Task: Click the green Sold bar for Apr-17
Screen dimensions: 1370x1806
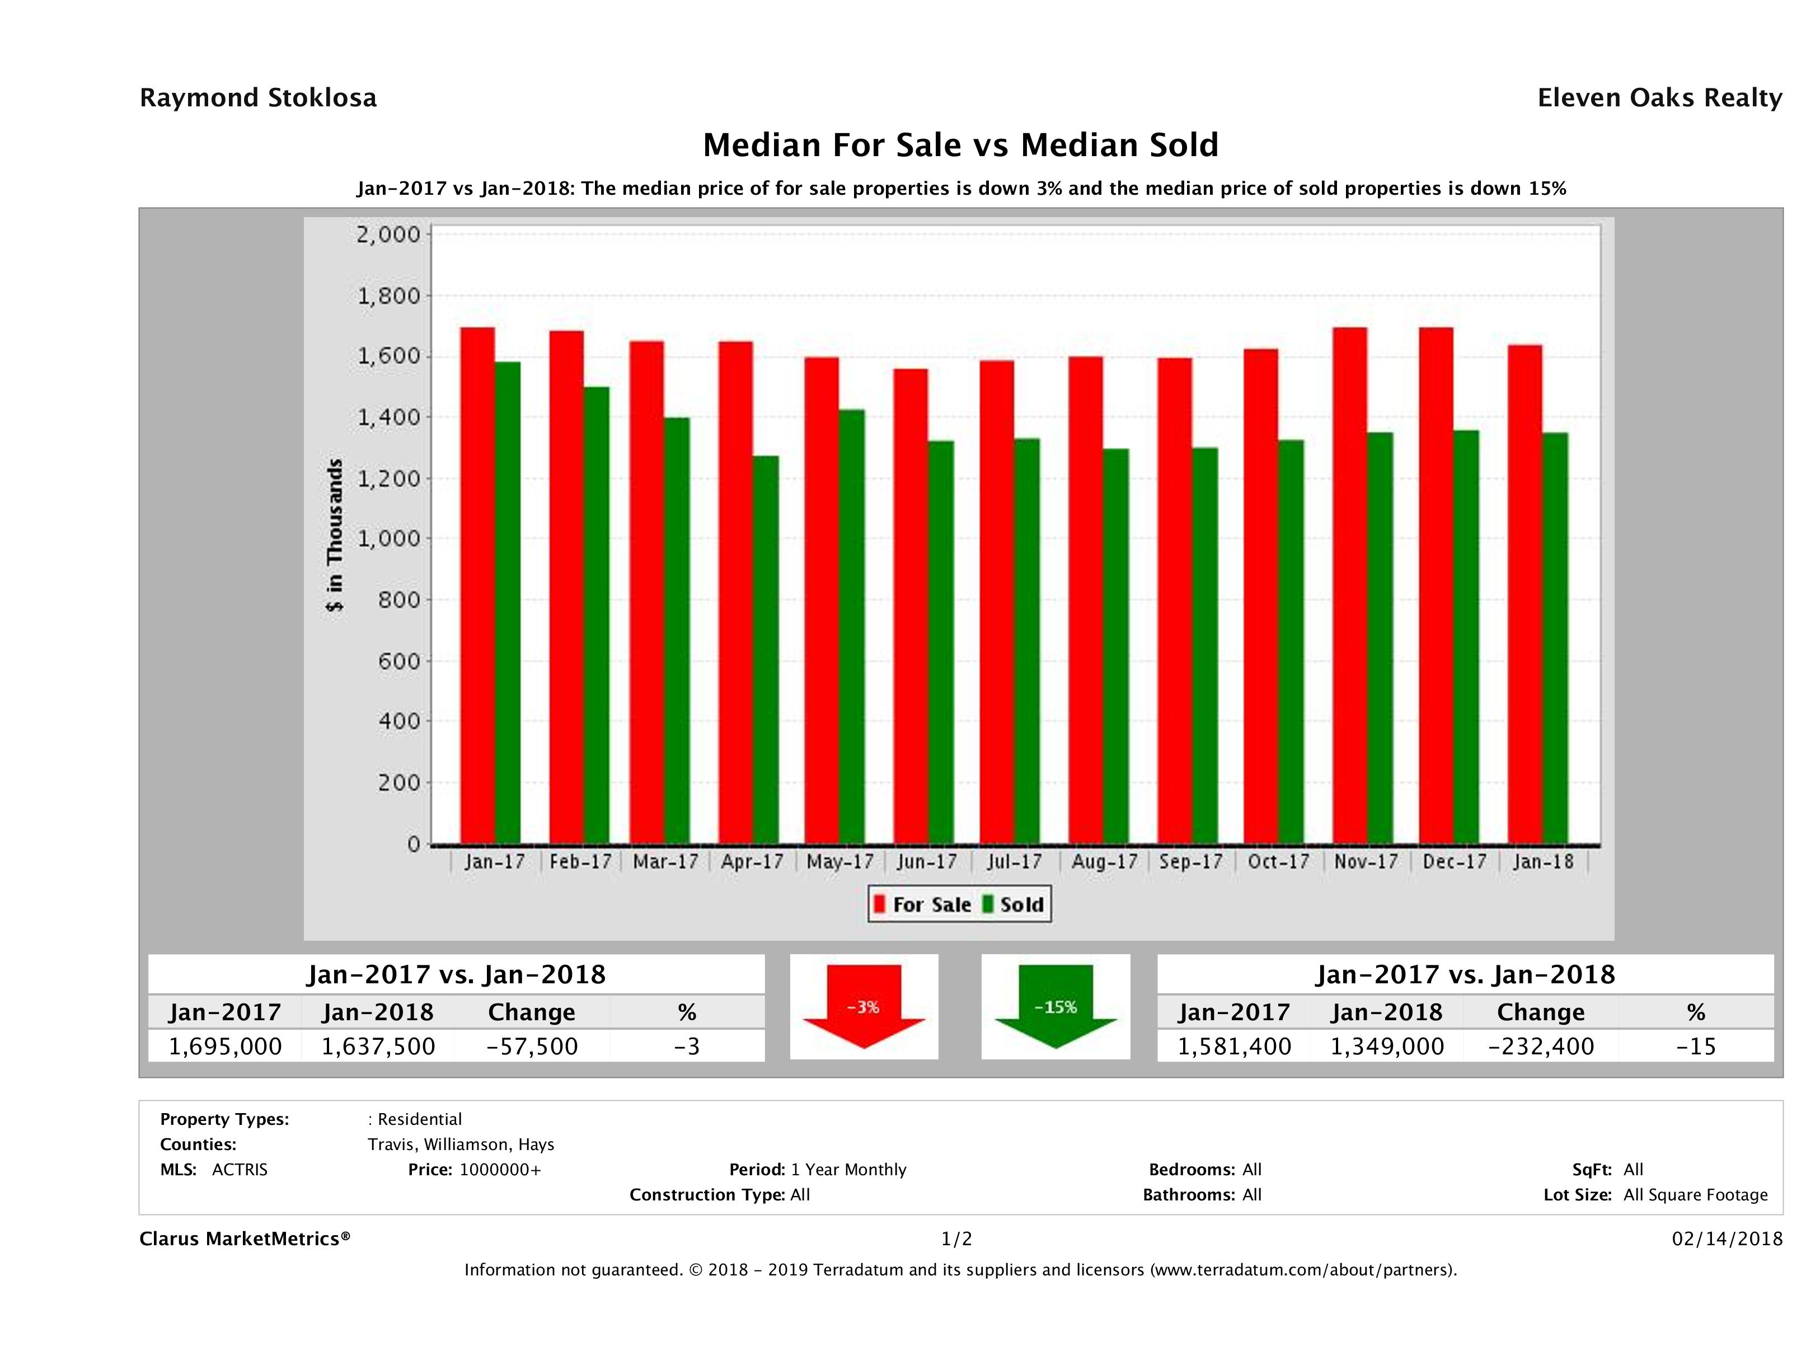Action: (766, 649)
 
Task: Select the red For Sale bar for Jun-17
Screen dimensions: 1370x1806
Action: (911, 606)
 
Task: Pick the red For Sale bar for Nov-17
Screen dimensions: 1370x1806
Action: (1349, 585)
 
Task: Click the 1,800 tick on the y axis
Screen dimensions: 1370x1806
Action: (388, 295)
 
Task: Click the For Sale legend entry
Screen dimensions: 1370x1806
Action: (923, 904)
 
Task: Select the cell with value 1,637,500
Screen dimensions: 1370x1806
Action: (378, 1046)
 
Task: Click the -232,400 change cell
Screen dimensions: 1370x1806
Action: (1541, 1046)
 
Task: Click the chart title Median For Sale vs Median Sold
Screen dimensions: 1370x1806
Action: (960, 146)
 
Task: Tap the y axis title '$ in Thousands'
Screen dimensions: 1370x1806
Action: (335, 535)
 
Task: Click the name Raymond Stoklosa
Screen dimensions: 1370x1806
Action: (258, 98)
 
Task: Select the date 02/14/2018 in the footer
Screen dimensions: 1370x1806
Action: (1727, 1238)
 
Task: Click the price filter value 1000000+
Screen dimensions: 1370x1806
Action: (500, 1169)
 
